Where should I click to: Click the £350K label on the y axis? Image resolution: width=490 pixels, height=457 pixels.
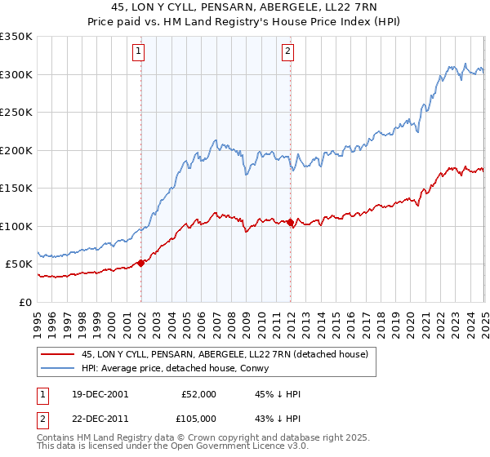16,37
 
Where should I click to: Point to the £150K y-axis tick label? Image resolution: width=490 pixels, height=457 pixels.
16,189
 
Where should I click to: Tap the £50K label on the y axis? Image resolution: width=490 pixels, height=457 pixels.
19,264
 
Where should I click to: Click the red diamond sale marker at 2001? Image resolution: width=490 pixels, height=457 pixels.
141,263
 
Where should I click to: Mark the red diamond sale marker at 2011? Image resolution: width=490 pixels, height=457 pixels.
291,222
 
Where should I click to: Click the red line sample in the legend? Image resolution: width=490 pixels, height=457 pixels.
58,354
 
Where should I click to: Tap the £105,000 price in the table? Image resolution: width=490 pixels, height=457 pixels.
198,418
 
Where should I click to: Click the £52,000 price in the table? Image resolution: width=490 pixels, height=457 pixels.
198,394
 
